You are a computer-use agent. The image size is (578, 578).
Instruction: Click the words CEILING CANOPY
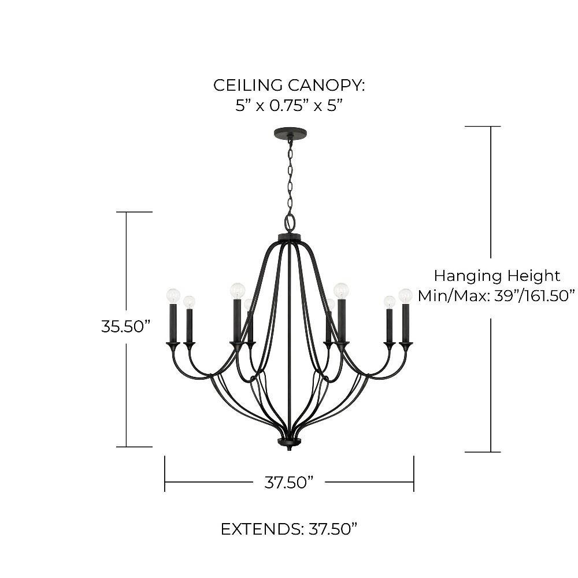[x=289, y=85]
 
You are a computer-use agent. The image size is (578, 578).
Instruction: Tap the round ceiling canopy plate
[x=290, y=133]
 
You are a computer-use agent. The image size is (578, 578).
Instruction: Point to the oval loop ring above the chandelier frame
[x=290, y=222]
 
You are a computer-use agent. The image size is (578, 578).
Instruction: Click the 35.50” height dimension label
[x=126, y=326]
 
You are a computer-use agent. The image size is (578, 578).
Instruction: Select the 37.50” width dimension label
[x=289, y=482]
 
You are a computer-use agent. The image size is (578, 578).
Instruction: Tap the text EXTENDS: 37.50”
[x=289, y=529]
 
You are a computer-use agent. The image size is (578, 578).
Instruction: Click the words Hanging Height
[x=497, y=275]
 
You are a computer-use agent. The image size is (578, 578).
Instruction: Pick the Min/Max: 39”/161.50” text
[x=497, y=296]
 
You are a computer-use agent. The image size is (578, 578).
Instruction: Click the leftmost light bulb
[x=173, y=295]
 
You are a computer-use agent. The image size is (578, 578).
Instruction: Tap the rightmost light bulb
[x=406, y=295]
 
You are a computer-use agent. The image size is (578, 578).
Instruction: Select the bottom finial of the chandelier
[x=290, y=444]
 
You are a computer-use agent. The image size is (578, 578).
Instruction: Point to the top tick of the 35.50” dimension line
[x=134, y=212]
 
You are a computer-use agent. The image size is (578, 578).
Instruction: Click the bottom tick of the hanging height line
[x=483, y=452]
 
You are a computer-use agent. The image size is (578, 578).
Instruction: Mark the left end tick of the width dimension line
[x=165, y=474]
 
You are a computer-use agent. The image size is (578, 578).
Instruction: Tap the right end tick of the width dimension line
[x=414, y=474]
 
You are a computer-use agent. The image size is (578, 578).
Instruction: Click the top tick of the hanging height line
[x=483, y=126]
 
